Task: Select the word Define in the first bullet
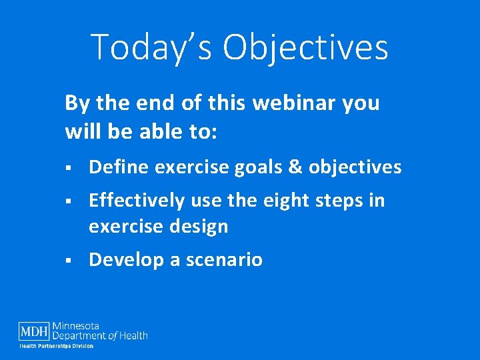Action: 119,167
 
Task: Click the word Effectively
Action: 138,201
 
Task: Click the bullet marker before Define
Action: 68,168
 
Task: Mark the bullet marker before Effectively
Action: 68,201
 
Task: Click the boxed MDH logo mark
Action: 33,331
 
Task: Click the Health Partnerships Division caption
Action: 56,346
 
